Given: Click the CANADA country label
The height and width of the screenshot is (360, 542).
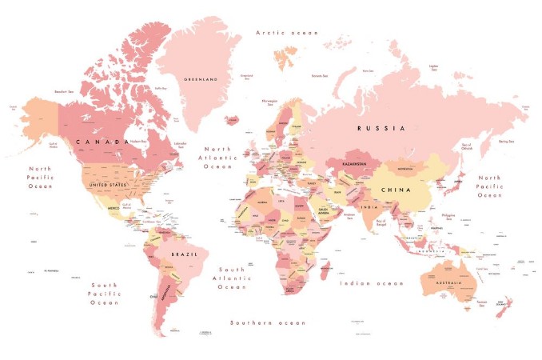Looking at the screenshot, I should [x=102, y=142].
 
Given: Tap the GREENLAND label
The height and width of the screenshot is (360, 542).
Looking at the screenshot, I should [x=201, y=79].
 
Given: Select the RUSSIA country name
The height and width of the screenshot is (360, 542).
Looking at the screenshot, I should [x=381, y=128].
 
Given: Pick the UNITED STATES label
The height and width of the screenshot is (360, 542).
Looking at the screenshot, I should [x=108, y=185].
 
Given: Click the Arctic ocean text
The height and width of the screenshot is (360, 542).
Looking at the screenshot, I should [x=286, y=33].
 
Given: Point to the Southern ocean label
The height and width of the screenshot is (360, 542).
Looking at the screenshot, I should [x=267, y=322].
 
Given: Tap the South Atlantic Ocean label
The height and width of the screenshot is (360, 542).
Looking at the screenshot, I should [x=232, y=278].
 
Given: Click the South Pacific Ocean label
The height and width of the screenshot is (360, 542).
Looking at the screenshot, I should [x=104, y=294].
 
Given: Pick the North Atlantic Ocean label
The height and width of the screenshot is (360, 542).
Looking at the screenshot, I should [x=217, y=158].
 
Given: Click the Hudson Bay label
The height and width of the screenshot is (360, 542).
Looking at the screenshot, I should [x=139, y=142].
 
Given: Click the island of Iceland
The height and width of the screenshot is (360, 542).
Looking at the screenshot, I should [x=232, y=120].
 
